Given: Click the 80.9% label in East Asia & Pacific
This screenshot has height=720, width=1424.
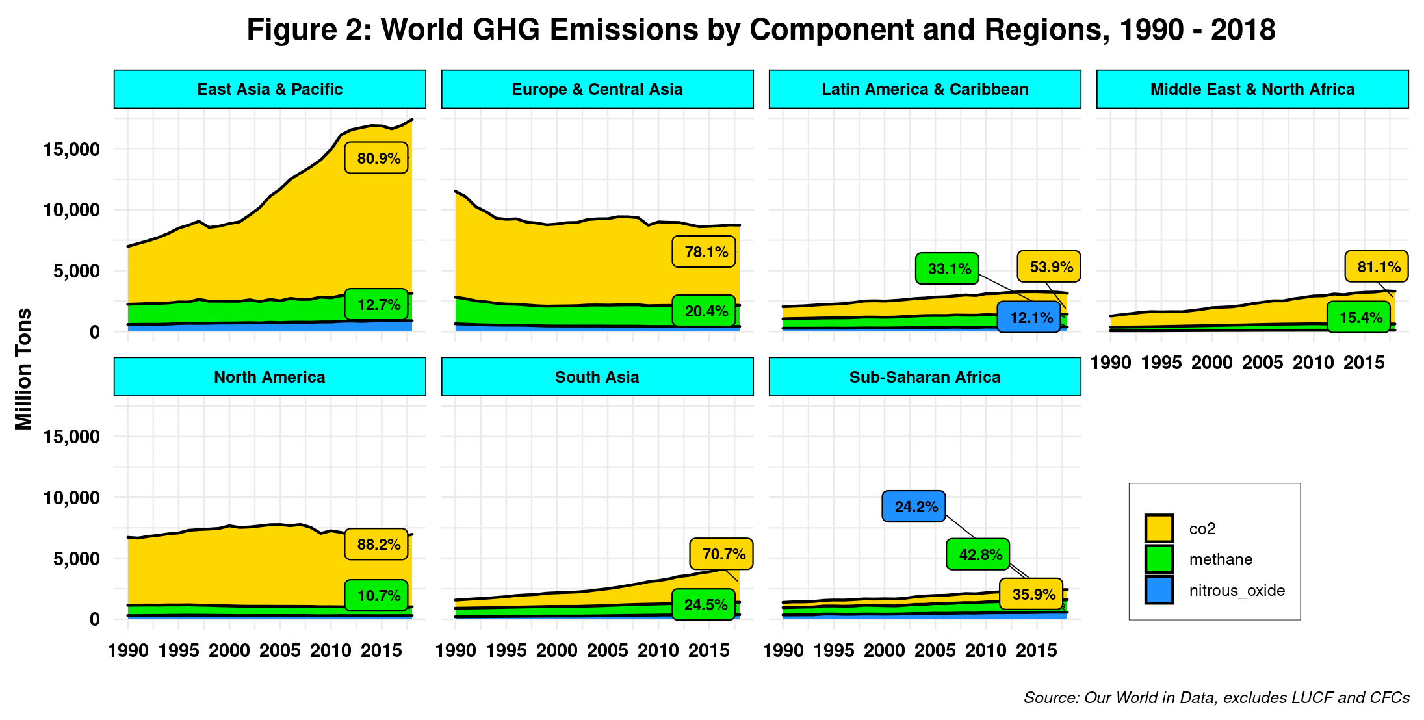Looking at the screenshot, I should pyautogui.click(x=376, y=158).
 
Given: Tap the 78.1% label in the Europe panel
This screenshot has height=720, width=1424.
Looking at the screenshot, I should pyautogui.click(x=704, y=251).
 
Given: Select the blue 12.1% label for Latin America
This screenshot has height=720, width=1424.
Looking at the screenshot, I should pyautogui.click(x=1029, y=318).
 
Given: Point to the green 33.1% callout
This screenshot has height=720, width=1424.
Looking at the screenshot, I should pyautogui.click(x=947, y=268).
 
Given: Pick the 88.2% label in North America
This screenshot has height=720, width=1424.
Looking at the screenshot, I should pyautogui.click(x=376, y=544).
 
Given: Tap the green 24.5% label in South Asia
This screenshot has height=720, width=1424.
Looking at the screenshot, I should pyautogui.click(x=704, y=604).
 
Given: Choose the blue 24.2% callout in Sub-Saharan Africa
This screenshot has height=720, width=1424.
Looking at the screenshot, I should pyautogui.click(x=914, y=506).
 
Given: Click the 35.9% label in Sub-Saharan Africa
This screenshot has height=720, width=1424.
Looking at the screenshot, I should pyautogui.click(x=1031, y=594).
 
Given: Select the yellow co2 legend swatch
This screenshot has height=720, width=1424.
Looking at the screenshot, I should pyautogui.click(x=1159, y=528).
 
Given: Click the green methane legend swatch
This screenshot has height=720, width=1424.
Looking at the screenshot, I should pyautogui.click(x=1159, y=559).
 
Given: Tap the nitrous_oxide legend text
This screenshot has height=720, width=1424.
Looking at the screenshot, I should pyautogui.click(x=1237, y=590).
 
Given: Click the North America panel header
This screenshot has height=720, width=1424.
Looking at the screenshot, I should pyautogui.click(x=270, y=377).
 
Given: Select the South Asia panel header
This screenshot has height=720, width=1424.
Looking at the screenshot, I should pyautogui.click(x=597, y=377).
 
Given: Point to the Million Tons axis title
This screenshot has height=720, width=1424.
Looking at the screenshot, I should pyautogui.click(x=23, y=368).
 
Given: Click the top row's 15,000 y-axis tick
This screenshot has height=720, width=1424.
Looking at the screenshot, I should pyautogui.click(x=71, y=149).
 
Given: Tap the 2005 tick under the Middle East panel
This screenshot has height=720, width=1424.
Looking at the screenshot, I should pyautogui.click(x=1262, y=363).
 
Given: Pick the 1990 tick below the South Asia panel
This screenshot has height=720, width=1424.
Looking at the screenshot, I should pyautogui.click(x=456, y=650).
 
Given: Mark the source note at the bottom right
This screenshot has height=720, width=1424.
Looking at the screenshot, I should pyautogui.click(x=1216, y=697).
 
